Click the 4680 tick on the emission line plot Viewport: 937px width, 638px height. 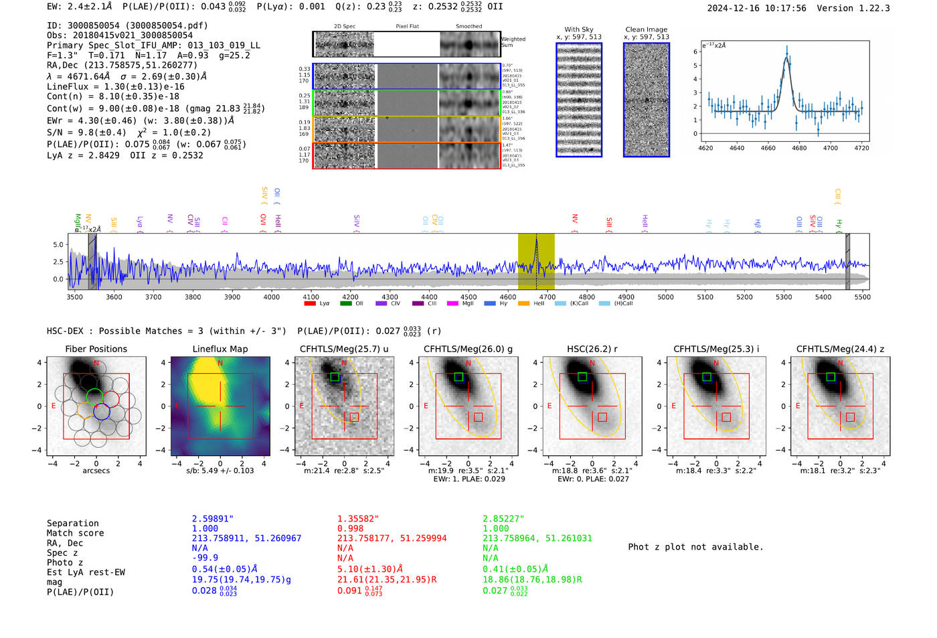799,148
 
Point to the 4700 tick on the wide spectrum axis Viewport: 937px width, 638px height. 547,297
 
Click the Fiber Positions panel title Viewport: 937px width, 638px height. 96,349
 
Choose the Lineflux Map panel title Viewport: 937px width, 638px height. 220,349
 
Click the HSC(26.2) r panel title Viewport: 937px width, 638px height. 592,349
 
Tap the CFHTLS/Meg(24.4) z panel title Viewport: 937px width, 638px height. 840,349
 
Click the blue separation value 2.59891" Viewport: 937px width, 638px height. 212,519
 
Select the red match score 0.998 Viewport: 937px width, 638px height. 351,528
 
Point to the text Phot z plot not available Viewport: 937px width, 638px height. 695,547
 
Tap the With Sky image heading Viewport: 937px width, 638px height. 579,29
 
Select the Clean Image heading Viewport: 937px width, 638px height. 646,29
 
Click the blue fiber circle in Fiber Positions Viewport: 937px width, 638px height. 102,412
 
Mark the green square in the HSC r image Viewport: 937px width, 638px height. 582,377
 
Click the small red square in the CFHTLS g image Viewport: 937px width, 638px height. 479,417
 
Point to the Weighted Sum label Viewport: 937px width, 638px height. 513,42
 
